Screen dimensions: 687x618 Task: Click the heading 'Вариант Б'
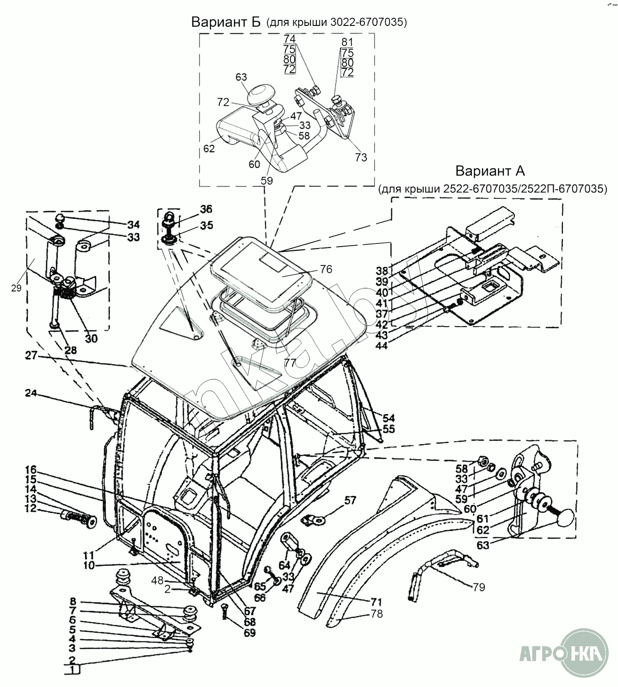tap(226, 22)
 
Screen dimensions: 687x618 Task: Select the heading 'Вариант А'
tap(490, 171)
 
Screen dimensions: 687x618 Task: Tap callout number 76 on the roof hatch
tap(326, 269)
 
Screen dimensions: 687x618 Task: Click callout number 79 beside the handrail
tap(479, 587)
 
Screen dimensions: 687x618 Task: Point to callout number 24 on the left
tap(31, 394)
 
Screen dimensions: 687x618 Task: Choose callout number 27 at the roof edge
tap(31, 357)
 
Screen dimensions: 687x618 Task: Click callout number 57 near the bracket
tap(350, 500)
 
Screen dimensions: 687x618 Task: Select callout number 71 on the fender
tap(376, 602)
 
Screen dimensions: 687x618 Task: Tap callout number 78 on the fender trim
tap(377, 614)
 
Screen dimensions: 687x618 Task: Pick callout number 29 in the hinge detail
tap(17, 288)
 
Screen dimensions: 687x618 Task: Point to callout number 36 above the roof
tap(206, 210)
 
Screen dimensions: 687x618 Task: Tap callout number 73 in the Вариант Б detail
tap(361, 157)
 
